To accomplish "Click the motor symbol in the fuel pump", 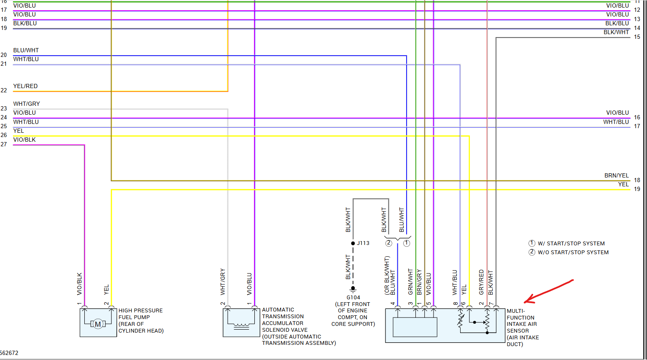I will (x=98, y=324).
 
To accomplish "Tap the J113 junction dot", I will (x=353, y=243).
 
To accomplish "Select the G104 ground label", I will (x=353, y=298).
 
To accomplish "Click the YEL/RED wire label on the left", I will (x=25, y=86).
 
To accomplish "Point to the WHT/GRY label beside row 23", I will (x=27, y=104).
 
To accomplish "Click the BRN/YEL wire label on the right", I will (x=616, y=175).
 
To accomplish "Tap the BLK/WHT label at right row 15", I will (x=616, y=32).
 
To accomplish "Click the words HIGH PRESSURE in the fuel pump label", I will (x=140, y=311).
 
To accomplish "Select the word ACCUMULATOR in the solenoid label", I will (x=283, y=323).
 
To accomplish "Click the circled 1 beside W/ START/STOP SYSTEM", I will (x=532, y=243).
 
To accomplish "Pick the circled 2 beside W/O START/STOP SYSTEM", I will (x=532, y=252).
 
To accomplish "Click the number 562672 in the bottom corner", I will (x=9, y=353).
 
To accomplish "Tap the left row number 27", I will (x=4, y=144).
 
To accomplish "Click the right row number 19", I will (x=637, y=189).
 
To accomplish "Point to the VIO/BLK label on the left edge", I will (x=24, y=140).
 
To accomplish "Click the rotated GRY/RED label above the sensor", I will (x=481, y=282).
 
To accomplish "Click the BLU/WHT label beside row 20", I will (x=26, y=50).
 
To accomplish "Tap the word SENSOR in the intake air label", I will (x=518, y=331).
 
